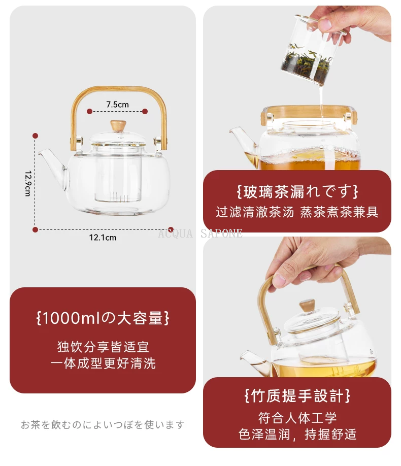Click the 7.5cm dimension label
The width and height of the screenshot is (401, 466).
click(x=117, y=104)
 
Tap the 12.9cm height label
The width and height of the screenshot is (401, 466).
click(x=27, y=183)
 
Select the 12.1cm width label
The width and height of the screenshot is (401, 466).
click(x=103, y=238)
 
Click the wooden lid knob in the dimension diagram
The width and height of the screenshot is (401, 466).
click(x=118, y=125)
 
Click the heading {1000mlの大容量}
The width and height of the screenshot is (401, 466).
click(x=103, y=318)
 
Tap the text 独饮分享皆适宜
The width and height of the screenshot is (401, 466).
click(x=103, y=347)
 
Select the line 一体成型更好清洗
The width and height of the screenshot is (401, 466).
click(x=103, y=363)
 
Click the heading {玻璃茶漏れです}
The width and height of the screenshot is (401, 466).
click(x=297, y=192)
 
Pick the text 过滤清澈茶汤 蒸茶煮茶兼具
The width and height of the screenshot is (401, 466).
click(x=297, y=212)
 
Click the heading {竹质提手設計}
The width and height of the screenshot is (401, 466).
click(x=297, y=395)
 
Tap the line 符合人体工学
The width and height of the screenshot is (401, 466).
click(x=297, y=418)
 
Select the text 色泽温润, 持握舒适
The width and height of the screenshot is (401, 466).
click(x=297, y=434)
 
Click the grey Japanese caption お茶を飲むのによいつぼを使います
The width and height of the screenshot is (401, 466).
click(x=103, y=425)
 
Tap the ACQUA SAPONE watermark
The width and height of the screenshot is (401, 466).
click(x=200, y=234)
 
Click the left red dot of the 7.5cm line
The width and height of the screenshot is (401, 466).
click(x=89, y=112)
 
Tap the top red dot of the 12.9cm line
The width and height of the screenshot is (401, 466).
click(x=36, y=136)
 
